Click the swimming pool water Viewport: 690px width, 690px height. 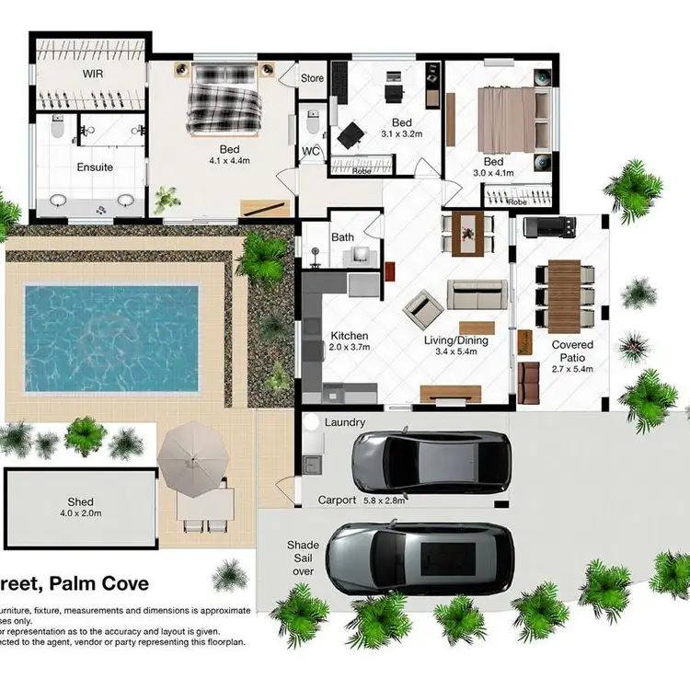click(110, 327)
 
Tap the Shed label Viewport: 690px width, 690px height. click(81, 503)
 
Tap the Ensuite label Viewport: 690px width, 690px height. click(95, 167)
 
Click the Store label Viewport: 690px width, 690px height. click(312, 78)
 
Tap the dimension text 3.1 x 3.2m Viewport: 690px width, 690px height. click(401, 133)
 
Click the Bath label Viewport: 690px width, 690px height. click(342, 237)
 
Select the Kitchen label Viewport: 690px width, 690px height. click(349, 336)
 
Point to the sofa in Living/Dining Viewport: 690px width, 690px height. click(477, 294)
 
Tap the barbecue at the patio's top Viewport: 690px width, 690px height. click(549, 226)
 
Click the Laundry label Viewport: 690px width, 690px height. click(345, 422)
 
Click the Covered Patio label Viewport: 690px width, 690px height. click(572, 351)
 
